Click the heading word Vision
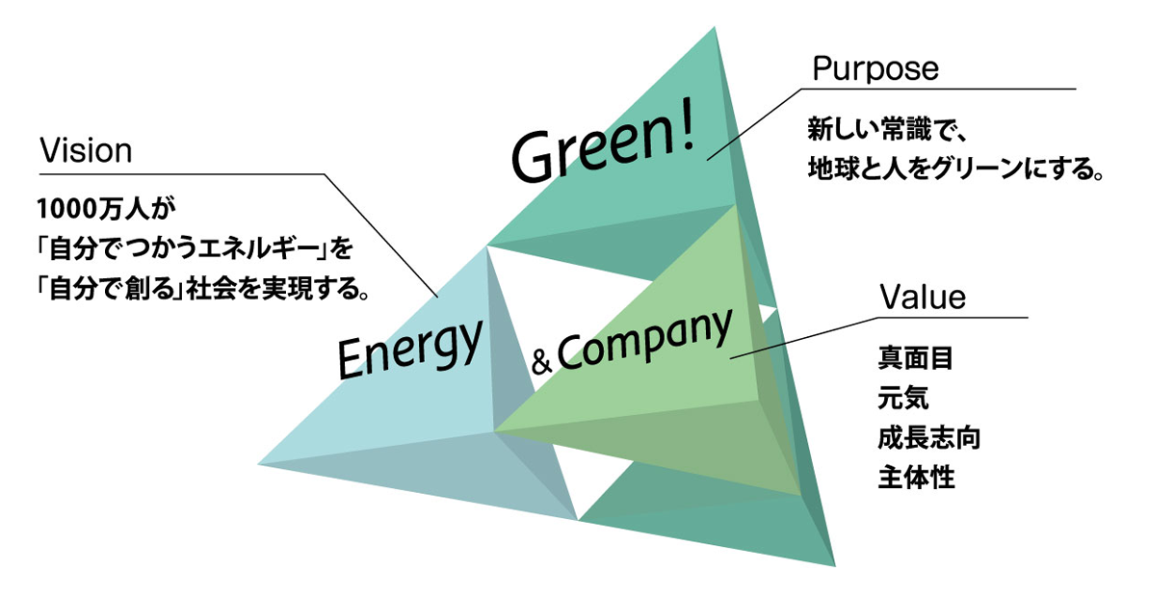[x=84, y=151]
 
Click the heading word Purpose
[x=875, y=69]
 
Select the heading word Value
[x=923, y=298]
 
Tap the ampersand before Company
[x=540, y=364]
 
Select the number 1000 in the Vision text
[x=66, y=208]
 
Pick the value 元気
[x=902, y=398]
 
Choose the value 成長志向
[x=928, y=437]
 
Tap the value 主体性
[x=915, y=477]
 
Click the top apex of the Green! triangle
[x=716, y=28]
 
